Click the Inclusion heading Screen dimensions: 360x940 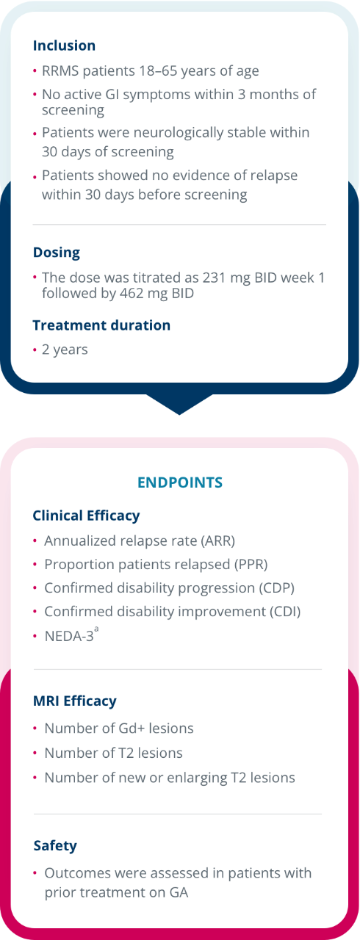64,46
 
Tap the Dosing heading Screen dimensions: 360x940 57,252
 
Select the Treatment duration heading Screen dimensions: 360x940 101,325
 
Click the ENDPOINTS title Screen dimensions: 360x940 180,482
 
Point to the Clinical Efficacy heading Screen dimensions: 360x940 86,516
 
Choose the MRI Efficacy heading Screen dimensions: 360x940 75,701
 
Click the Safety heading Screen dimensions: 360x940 55,845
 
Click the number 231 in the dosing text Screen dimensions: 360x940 215,278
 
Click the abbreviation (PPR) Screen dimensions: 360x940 250,565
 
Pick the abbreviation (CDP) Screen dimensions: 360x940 276,588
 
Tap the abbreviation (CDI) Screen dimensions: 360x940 285,612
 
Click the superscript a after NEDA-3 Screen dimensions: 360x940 96,629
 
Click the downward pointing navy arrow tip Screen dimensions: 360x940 179,414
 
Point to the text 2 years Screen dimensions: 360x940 65,350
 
